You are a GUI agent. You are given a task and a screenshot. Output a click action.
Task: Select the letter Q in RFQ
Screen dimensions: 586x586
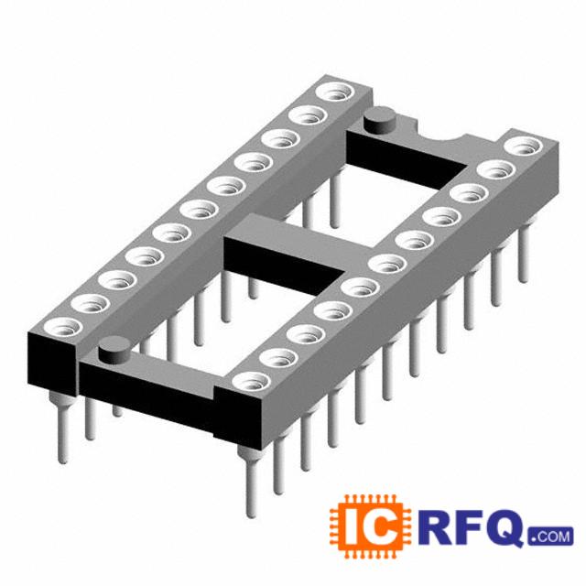pyautogui.click(x=506, y=528)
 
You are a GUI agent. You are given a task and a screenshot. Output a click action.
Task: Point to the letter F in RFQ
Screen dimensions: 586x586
pyautogui.click(x=470, y=527)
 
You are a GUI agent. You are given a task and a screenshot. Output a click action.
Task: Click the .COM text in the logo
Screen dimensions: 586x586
pyautogui.click(x=550, y=537)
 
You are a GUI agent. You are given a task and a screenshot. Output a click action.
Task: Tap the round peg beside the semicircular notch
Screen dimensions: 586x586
pyautogui.click(x=380, y=120)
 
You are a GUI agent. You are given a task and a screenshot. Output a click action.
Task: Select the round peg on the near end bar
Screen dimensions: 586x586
pyautogui.click(x=114, y=350)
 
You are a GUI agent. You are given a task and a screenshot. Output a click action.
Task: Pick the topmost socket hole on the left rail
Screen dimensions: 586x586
pyautogui.click(x=334, y=92)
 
